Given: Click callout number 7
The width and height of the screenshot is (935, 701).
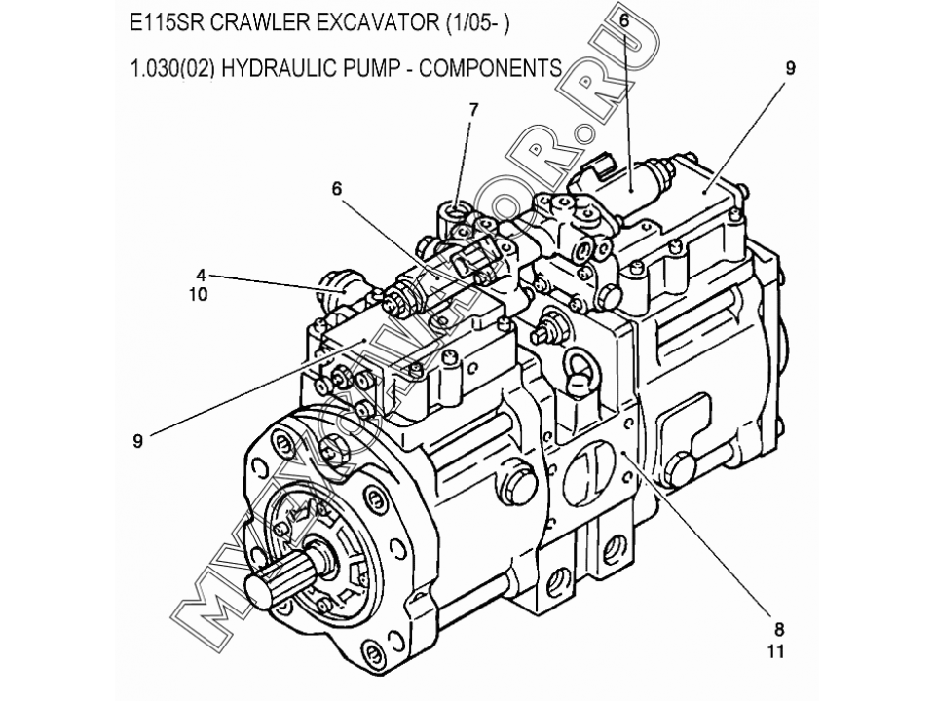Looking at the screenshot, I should tap(473, 110).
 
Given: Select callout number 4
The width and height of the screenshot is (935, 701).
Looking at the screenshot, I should tap(200, 276).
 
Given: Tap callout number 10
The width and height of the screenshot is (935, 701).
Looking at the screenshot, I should tap(200, 294).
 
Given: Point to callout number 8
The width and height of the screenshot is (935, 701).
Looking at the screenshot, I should tap(779, 628).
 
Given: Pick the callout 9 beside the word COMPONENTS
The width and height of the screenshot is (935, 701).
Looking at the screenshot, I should tap(790, 68).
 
